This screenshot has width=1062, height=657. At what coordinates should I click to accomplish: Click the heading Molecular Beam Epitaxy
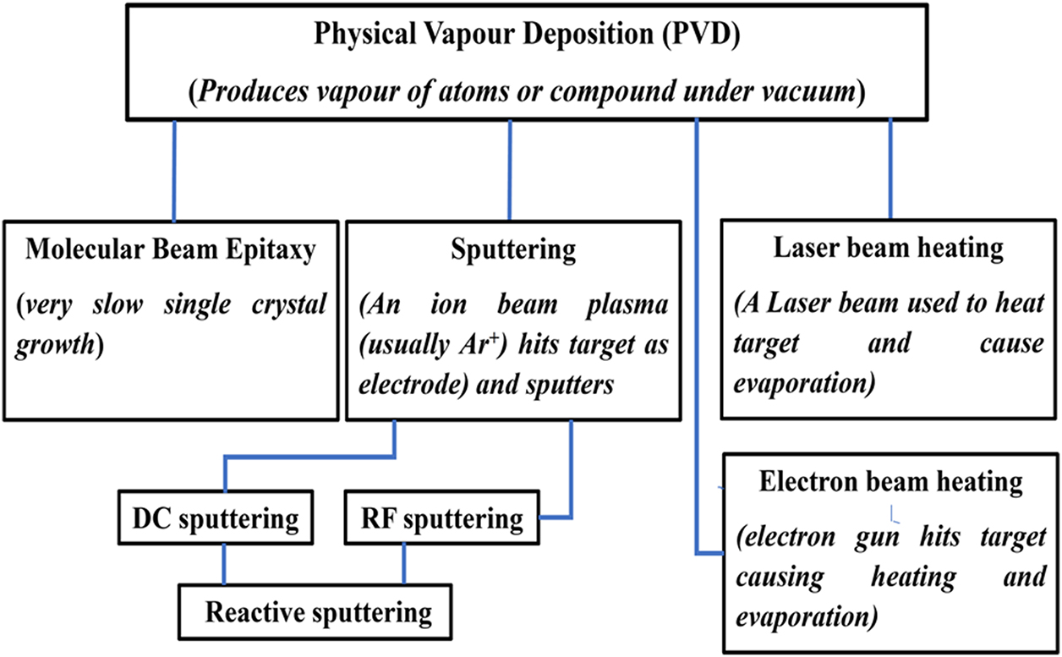pyautogui.click(x=172, y=250)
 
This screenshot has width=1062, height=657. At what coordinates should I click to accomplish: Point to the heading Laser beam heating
pyautogui.click(x=889, y=248)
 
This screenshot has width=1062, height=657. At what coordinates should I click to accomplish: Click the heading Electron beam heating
pyautogui.click(x=890, y=483)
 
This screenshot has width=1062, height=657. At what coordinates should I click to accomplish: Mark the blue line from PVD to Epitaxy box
pyautogui.click(x=175, y=169)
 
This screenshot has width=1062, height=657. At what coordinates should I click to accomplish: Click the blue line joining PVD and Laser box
pyautogui.click(x=890, y=169)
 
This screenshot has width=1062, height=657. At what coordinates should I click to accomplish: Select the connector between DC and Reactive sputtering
pyautogui.click(x=224, y=565)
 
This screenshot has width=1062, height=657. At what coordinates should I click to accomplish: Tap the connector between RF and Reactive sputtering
pyautogui.click(x=404, y=565)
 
